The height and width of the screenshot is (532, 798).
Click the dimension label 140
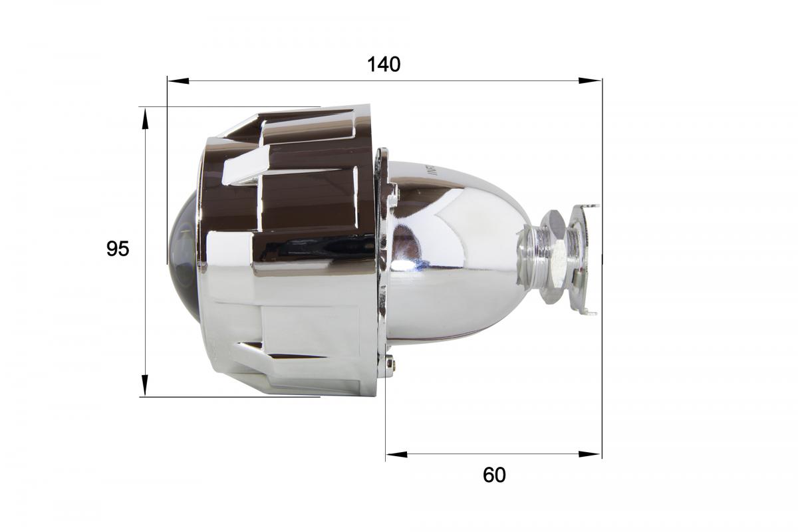(x=384, y=65)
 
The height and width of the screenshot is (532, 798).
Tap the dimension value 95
(x=118, y=249)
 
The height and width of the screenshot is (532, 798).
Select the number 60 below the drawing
(x=494, y=475)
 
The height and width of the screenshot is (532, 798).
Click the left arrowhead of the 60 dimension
(x=396, y=455)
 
